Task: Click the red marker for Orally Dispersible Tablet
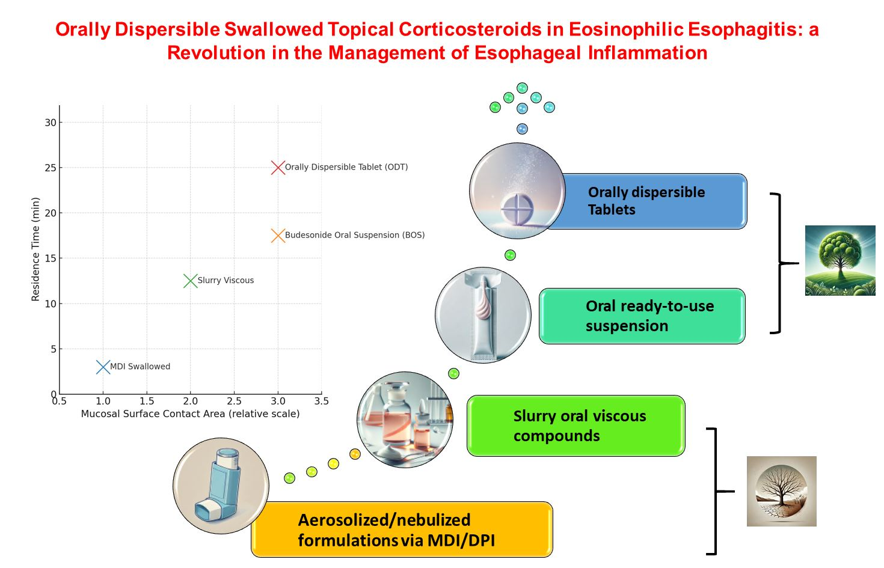[x=278, y=168]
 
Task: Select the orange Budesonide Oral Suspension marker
[x=278, y=236]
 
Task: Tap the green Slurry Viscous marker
[x=191, y=281]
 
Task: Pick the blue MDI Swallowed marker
[x=103, y=367]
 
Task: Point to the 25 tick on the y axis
[x=51, y=168]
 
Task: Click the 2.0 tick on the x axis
[x=191, y=401]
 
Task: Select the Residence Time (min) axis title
[x=35, y=249]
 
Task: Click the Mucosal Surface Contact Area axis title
[x=190, y=414]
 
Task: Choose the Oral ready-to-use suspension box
[x=642, y=316]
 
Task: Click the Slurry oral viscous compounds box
[x=576, y=426]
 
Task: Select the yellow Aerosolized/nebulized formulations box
[x=402, y=530]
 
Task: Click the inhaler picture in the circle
[x=221, y=486]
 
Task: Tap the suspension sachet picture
[x=483, y=315]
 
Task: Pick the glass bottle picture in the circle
[x=405, y=420]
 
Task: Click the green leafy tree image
[x=840, y=260]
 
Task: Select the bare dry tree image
[x=781, y=491]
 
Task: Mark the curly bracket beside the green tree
[x=781, y=263]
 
